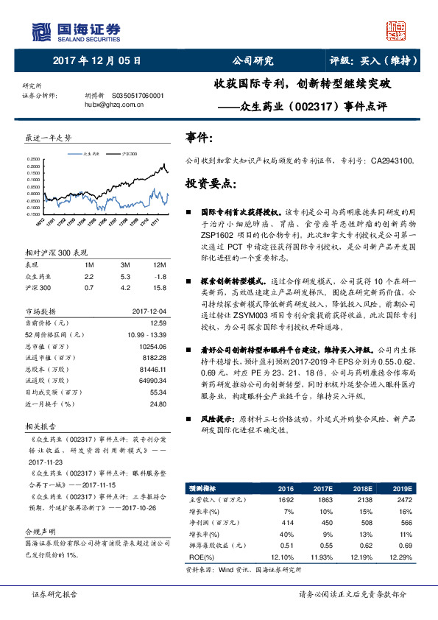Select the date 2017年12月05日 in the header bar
coord(97,60)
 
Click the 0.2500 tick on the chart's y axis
coord(34,159)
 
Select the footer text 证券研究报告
coord(56,594)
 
